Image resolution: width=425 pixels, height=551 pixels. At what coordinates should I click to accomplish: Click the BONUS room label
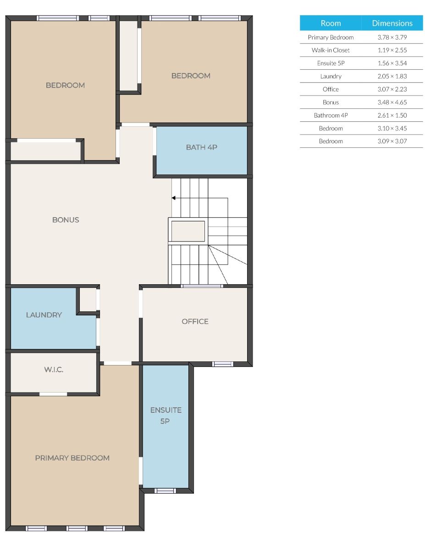pos(66,219)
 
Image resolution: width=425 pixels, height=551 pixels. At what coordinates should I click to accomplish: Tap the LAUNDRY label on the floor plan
pos(44,315)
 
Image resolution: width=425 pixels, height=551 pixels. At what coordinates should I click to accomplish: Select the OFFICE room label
pos(195,321)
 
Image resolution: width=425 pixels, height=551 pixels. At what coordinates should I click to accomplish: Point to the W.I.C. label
pos(54,370)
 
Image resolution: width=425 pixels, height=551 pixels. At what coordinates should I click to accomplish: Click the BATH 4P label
pos(201,147)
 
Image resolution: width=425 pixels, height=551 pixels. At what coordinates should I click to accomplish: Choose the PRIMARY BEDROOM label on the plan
pos(72,458)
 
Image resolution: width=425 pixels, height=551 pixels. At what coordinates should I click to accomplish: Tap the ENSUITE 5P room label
pos(166,416)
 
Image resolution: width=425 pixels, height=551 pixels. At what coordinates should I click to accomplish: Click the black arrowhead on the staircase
pos(173,198)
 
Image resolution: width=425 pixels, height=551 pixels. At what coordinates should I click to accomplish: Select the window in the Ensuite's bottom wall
pos(165,491)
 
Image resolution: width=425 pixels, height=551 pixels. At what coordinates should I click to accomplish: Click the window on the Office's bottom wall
pos(222,364)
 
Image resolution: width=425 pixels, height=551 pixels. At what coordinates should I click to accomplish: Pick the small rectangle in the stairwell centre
pos(188,231)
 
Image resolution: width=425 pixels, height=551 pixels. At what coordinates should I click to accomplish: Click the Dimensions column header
pos(392,23)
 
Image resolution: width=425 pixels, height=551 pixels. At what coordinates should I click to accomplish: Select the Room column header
pos(331,23)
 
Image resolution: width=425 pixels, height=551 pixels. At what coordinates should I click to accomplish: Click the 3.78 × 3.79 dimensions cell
pos(392,37)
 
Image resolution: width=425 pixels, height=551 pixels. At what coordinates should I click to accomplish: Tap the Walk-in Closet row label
pos(331,50)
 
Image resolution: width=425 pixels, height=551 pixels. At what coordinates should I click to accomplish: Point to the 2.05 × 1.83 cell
pos(392,76)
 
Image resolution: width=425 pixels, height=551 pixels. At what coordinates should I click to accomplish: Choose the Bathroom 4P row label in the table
pos(331,115)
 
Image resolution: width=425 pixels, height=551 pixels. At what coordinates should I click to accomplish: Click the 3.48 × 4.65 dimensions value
pos(392,102)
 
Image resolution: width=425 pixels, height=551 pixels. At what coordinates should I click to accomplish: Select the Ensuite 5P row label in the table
pos(331,63)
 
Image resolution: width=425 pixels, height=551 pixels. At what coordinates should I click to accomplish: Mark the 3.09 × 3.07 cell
pos(392,141)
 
